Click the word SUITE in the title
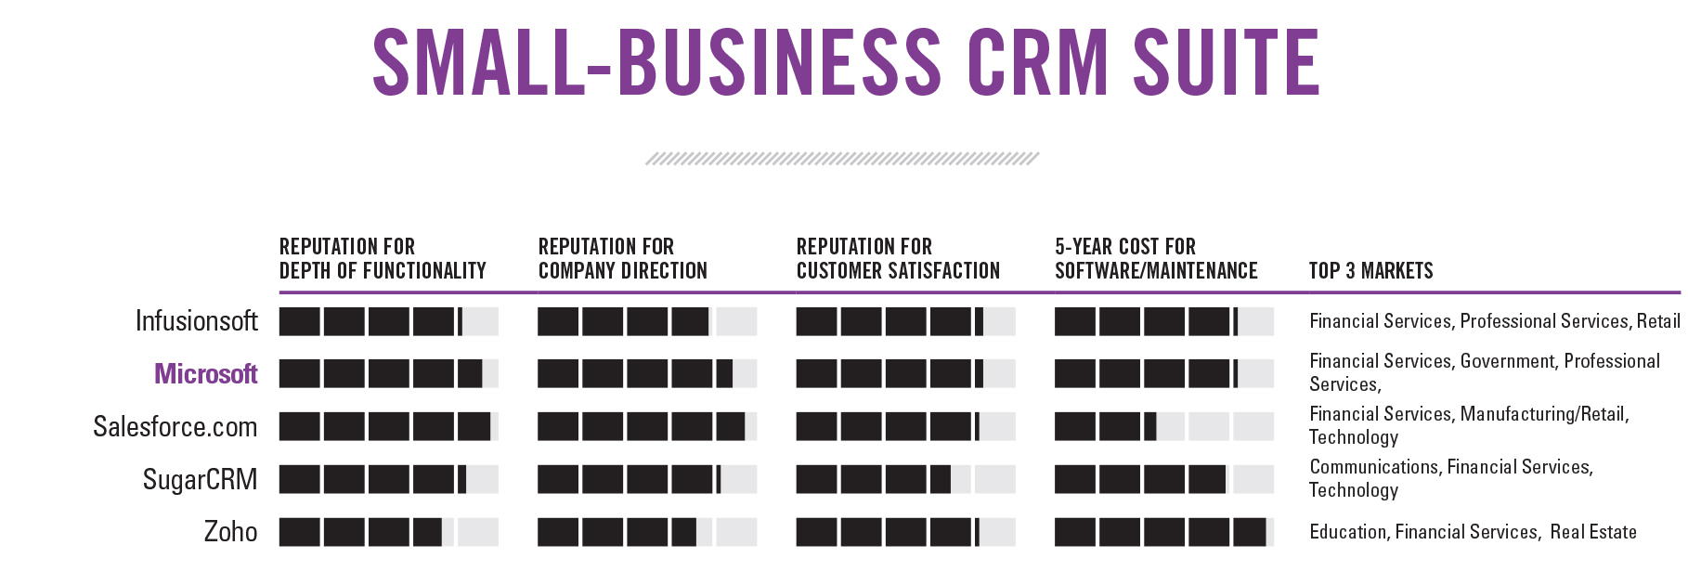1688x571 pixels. [x=1226, y=62]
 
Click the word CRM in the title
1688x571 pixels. [x=1037, y=62]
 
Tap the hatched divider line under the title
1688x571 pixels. [x=842, y=159]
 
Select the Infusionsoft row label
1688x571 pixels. [x=197, y=321]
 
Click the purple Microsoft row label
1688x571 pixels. [x=206, y=374]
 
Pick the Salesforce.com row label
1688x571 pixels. [x=175, y=427]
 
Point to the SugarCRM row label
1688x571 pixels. [x=200, y=480]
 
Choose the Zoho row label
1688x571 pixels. [x=230, y=532]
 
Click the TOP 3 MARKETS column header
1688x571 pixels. [x=1370, y=271]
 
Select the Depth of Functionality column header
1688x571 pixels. [x=383, y=259]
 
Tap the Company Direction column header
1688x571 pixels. [x=622, y=259]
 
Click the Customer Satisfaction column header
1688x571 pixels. [x=898, y=259]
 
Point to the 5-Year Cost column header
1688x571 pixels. [x=1156, y=259]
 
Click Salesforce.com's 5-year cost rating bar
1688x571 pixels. [x=1163, y=427]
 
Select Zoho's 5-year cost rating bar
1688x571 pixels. [x=1163, y=532]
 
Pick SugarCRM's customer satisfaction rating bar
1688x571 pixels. [x=905, y=480]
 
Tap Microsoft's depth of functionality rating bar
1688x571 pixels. [x=388, y=374]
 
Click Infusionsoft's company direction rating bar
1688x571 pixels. [x=646, y=321]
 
